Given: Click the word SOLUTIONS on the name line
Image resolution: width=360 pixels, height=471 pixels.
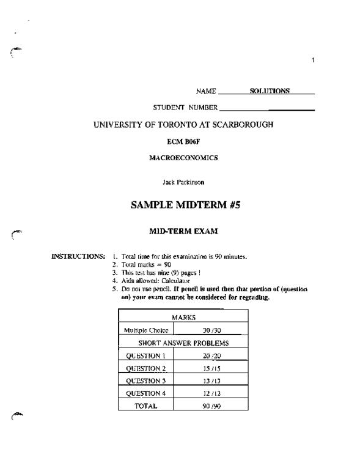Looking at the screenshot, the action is pyautogui.click(x=270, y=91).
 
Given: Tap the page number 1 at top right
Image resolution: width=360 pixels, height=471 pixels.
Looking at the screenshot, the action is pyautogui.click(x=313, y=59).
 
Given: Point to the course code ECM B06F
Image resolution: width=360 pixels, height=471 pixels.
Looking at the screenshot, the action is pyautogui.click(x=183, y=141).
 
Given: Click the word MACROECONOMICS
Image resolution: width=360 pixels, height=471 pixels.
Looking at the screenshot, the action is pyautogui.click(x=183, y=158).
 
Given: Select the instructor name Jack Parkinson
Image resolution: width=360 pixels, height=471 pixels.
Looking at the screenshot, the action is pyautogui.click(x=183, y=182).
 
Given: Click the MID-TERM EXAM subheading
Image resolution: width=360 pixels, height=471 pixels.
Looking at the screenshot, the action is pyautogui.click(x=183, y=232).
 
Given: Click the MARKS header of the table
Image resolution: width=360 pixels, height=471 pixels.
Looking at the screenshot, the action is pyautogui.click(x=183, y=317).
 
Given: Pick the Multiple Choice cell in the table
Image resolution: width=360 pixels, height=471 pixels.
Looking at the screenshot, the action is pyautogui.click(x=146, y=330).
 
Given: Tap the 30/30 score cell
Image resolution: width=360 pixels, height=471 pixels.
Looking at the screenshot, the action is pyautogui.click(x=211, y=330).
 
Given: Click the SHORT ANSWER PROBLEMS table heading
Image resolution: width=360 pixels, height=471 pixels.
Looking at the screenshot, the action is pyautogui.click(x=183, y=343).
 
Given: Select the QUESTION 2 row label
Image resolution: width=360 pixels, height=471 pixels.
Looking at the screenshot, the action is pyautogui.click(x=145, y=368).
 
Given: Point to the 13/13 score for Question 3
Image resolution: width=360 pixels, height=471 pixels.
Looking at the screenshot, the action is pyautogui.click(x=211, y=380).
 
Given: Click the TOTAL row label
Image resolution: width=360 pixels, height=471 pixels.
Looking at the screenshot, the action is pyautogui.click(x=145, y=405).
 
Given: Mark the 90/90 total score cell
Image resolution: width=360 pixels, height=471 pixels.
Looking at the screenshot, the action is pyautogui.click(x=211, y=405).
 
